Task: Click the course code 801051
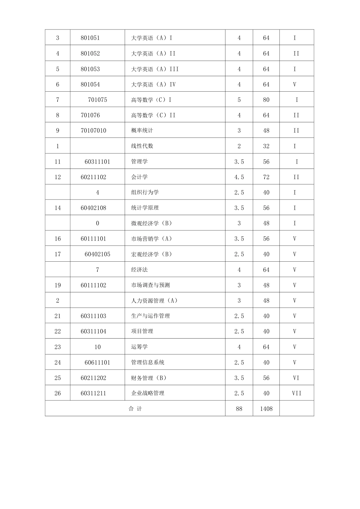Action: tap(90, 38)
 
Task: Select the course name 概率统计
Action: tap(142, 131)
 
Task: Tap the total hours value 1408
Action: tap(266, 409)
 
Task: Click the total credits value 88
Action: tap(239, 409)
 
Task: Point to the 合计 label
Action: tap(135, 409)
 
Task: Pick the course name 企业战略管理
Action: tap(148, 393)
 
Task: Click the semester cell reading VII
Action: tap(297, 393)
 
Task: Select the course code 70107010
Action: tap(94, 131)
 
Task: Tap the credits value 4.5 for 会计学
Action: tap(239, 177)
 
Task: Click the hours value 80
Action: tap(266, 100)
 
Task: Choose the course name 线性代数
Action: tap(142, 146)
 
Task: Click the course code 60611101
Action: tap(97, 362)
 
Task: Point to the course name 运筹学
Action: tap(139, 347)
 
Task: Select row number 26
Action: tap(58, 393)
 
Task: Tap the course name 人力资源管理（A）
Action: tap(154, 301)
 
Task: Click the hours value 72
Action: tap(266, 177)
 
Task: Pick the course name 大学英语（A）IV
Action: tap(153, 84)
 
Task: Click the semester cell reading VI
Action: tap(296, 378)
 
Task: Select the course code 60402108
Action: tap(94, 208)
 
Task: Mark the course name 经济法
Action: tap(139, 270)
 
